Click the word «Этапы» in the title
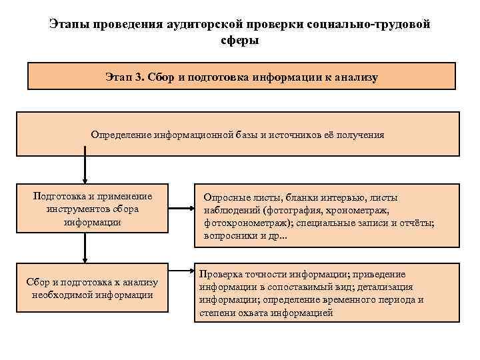pyautogui.click(x=70, y=25)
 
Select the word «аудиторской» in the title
pyautogui.click(x=201, y=25)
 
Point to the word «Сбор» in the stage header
pyautogui.click(x=162, y=77)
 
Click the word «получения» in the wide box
pyautogui.click(x=361, y=135)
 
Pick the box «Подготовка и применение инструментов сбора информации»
pyautogui.click(x=93, y=209)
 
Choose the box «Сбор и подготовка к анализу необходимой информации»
pyautogui.click(x=93, y=288)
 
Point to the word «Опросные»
pyautogui.click(x=227, y=197)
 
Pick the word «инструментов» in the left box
pyautogui.click(x=76, y=209)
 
